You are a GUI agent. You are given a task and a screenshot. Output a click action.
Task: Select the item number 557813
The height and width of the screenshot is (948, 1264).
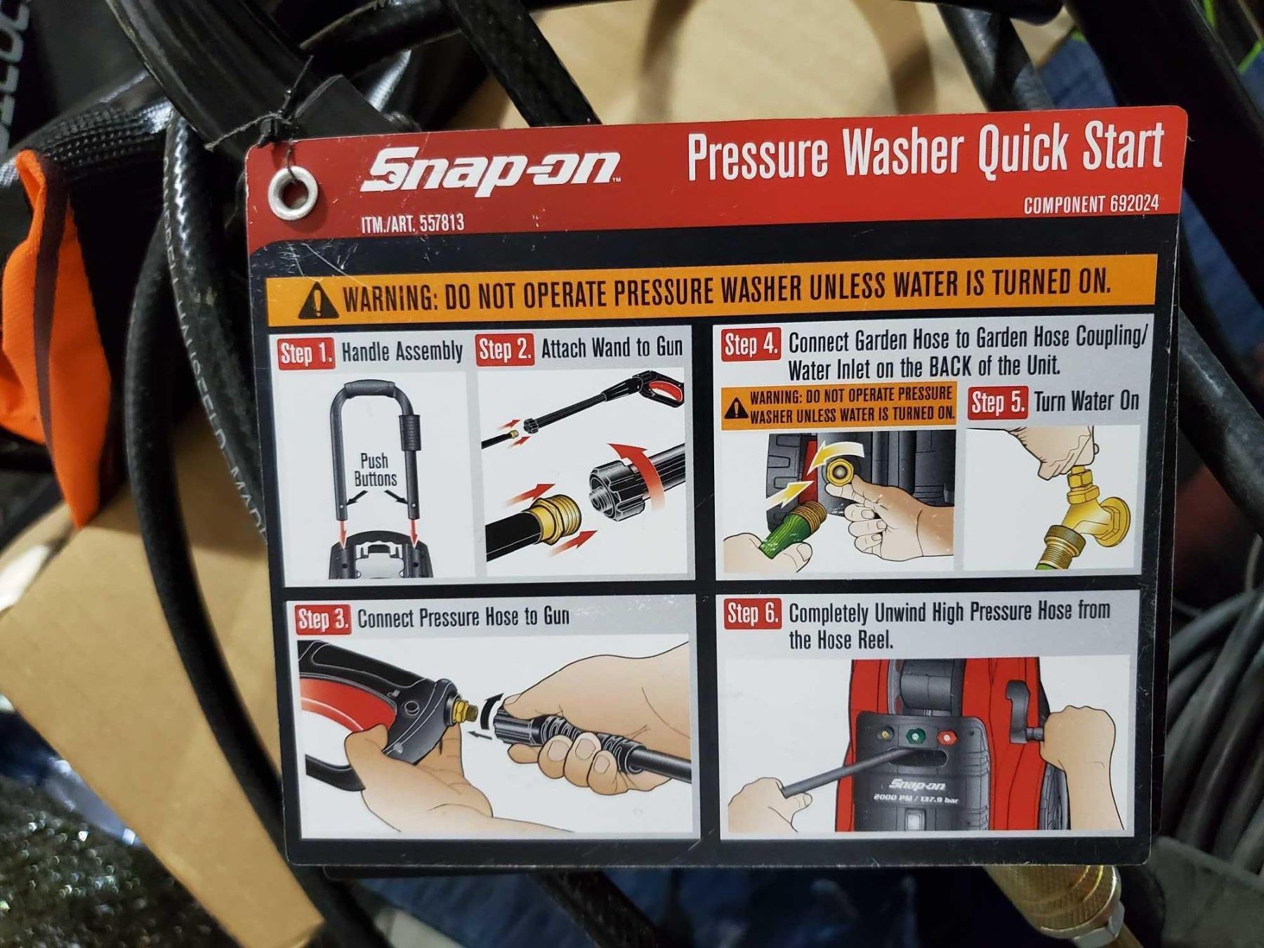pyautogui.click(x=442, y=224)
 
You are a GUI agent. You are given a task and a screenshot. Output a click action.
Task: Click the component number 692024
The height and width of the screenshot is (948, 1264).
pyautogui.click(x=1134, y=204)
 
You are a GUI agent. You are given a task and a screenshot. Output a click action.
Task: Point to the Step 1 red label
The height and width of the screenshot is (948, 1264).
pyautogui.click(x=306, y=353)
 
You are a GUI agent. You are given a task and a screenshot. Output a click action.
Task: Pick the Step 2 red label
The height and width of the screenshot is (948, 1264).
pyautogui.click(x=505, y=350)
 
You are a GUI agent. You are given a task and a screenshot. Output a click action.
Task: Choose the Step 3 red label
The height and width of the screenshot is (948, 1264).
pyautogui.click(x=322, y=620)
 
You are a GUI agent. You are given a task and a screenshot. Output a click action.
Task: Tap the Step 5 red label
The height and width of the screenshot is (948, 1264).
pyautogui.click(x=998, y=403)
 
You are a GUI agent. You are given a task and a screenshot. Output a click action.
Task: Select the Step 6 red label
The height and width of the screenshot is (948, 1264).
pyautogui.click(x=753, y=614)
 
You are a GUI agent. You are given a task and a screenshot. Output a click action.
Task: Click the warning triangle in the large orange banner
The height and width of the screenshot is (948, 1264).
pyautogui.click(x=320, y=300)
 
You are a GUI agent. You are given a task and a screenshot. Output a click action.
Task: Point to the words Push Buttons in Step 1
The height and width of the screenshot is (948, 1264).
pyautogui.click(x=375, y=470)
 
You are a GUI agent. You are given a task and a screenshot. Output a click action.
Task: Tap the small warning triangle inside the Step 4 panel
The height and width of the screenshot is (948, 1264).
pyautogui.click(x=737, y=407)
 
